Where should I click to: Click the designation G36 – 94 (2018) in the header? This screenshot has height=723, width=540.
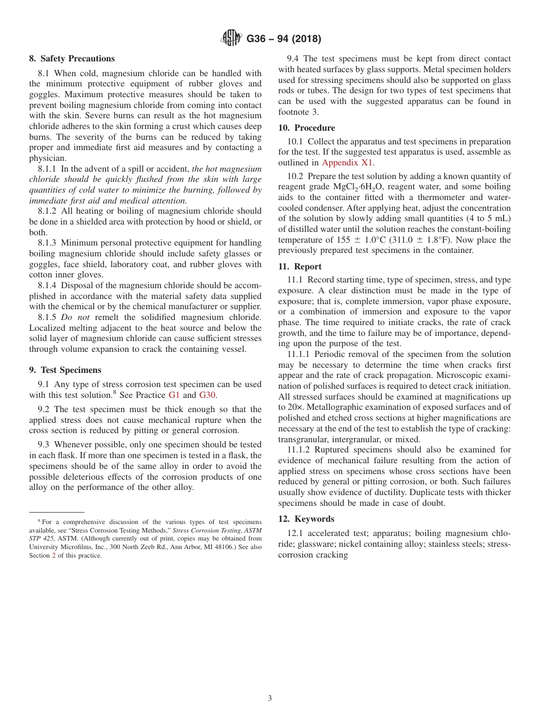[x=284, y=39]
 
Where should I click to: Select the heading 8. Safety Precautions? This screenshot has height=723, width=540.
[x=72, y=59]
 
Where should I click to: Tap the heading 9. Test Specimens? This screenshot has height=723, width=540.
[x=65, y=370]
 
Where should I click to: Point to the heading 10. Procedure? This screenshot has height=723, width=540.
[x=306, y=128]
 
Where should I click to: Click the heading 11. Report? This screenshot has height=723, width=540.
[x=300, y=266]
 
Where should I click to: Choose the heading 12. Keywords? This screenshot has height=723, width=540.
[x=306, y=518]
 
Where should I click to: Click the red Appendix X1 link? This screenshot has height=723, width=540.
[x=348, y=162]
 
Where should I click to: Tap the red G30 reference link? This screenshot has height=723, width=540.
[x=207, y=395]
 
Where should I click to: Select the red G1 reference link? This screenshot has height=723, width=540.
[x=174, y=395]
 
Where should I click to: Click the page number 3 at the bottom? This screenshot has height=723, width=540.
[x=270, y=699]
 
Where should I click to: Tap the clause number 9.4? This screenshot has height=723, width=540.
[x=293, y=59]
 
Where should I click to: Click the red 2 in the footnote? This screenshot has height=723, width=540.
[x=53, y=555]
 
